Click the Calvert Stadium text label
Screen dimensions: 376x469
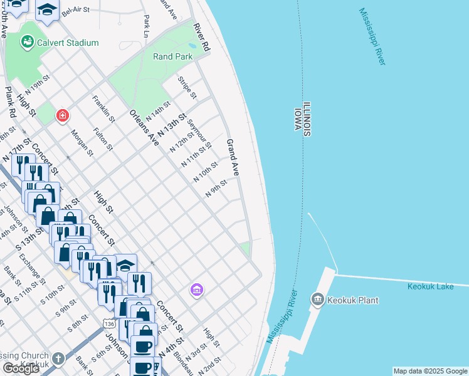[68, 43]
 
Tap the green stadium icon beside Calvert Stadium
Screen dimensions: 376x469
[27, 42]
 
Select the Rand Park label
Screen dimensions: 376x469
[172, 56]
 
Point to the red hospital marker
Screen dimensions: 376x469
[62, 115]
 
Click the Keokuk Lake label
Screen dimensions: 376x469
[430, 286]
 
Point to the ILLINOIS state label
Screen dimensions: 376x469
[307, 119]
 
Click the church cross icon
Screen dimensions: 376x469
[58, 359]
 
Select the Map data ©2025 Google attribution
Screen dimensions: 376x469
[429, 371]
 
